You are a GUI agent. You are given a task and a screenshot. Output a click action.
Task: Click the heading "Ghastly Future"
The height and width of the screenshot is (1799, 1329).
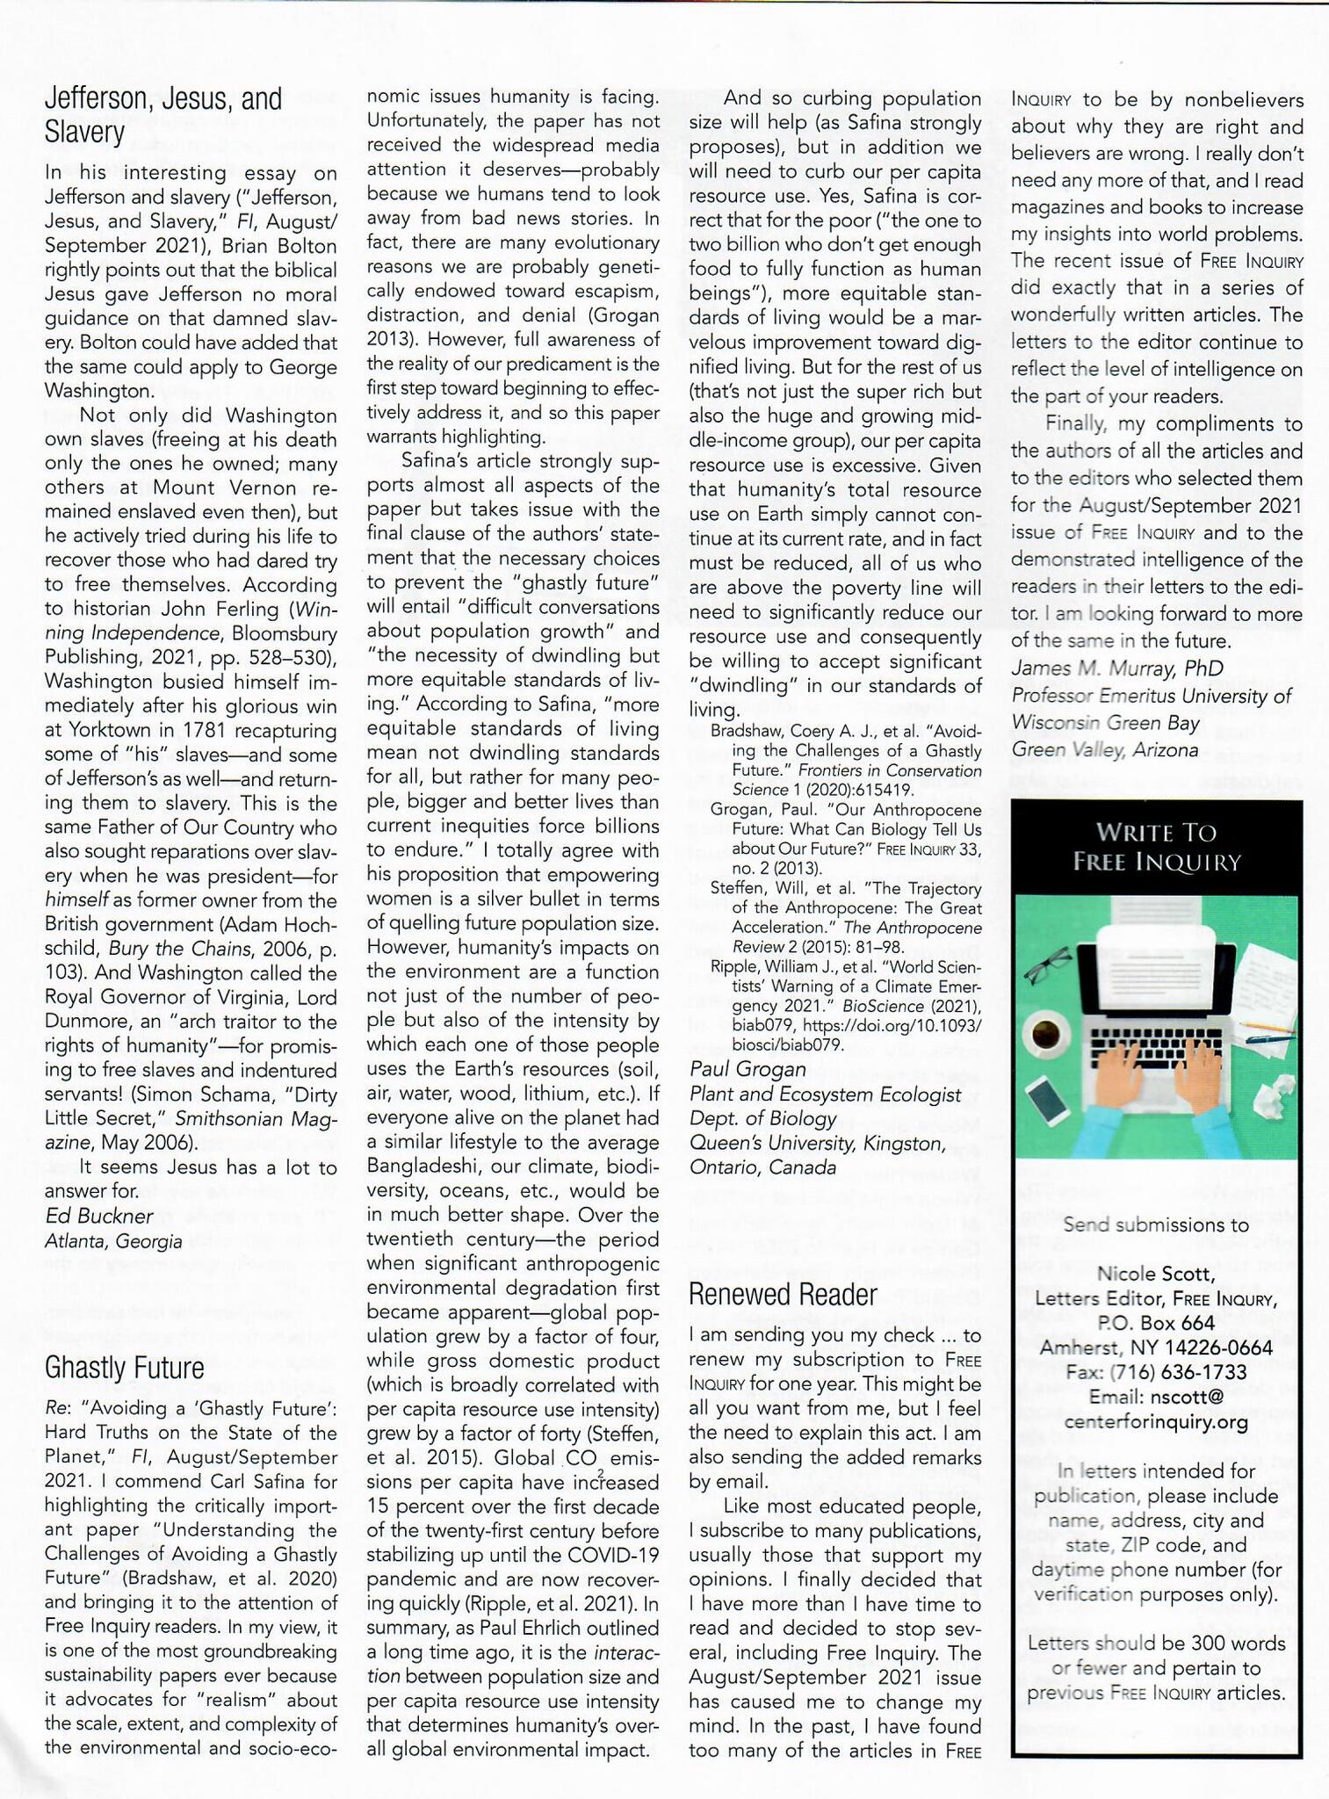coord(124,1368)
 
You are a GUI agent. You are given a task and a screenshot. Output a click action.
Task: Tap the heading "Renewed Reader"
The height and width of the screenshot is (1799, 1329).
coord(783,1294)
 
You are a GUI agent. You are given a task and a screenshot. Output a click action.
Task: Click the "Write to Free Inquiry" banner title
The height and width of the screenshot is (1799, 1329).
coord(1156,846)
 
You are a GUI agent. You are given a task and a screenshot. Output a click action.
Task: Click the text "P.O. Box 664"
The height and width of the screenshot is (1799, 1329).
coord(1156,1323)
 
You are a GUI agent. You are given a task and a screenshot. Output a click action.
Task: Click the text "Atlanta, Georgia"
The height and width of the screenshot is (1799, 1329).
coord(113,1240)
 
